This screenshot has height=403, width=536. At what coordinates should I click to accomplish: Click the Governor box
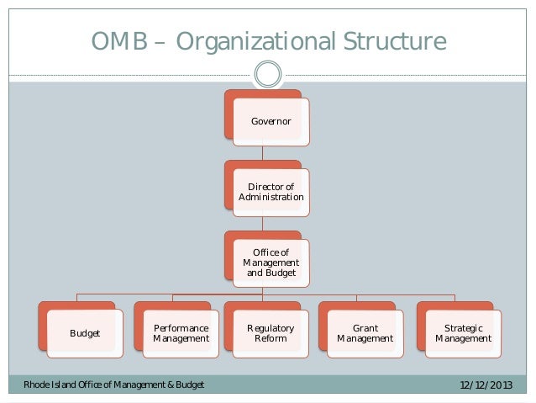click(271, 122)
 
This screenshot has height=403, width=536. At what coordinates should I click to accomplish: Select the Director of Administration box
click(271, 192)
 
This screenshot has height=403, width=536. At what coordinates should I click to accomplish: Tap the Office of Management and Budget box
click(271, 262)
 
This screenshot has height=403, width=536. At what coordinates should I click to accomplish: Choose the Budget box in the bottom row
click(84, 333)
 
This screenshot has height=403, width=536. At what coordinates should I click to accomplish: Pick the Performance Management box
click(181, 333)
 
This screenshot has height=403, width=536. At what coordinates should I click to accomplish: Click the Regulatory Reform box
click(271, 333)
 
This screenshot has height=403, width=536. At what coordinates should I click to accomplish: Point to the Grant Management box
click(365, 333)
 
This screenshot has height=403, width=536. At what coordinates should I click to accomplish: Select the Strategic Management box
click(463, 333)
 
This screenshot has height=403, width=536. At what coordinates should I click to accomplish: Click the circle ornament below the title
click(267, 75)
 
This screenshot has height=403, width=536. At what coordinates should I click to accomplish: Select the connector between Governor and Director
click(263, 153)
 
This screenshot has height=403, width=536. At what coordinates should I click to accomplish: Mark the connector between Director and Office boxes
click(263, 223)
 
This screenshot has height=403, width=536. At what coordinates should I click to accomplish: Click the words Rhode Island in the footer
click(44, 385)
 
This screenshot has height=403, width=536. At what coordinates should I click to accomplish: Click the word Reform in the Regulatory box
click(271, 339)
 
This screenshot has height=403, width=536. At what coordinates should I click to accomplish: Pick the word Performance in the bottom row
click(181, 327)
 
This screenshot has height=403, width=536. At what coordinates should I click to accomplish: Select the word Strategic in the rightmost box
click(463, 327)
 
